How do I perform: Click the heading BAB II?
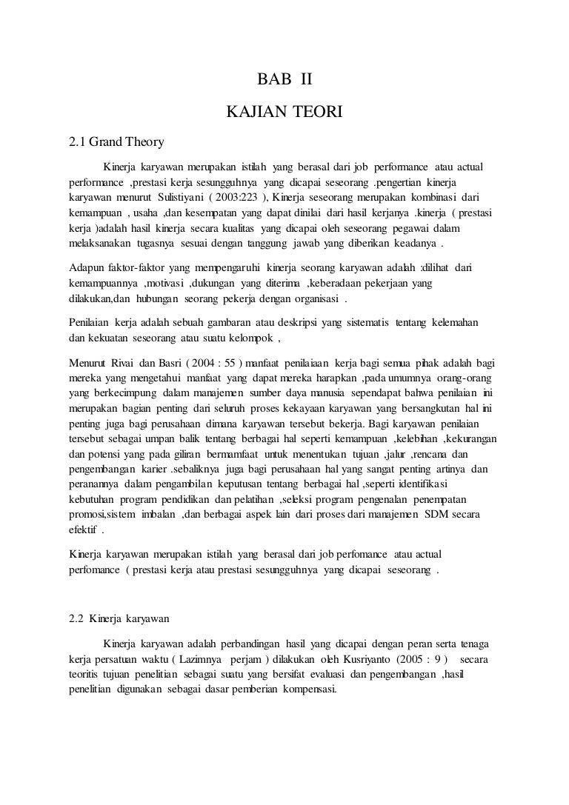(x=284, y=79)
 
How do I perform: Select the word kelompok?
(x=246, y=340)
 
